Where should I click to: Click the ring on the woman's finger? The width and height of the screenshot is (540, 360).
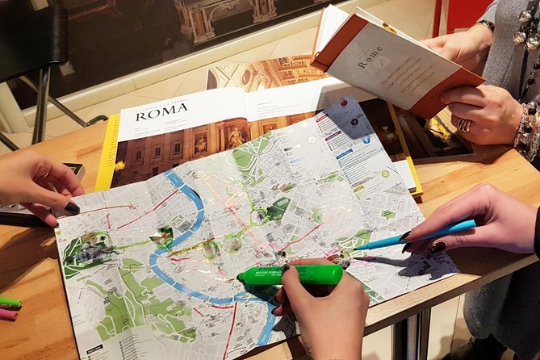tap(465, 125)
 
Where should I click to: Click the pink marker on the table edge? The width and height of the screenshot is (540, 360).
tap(8, 314)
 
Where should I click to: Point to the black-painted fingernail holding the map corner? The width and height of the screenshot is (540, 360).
tap(72, 207)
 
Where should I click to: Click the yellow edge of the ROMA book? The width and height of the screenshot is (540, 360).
tap(106, 154)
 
